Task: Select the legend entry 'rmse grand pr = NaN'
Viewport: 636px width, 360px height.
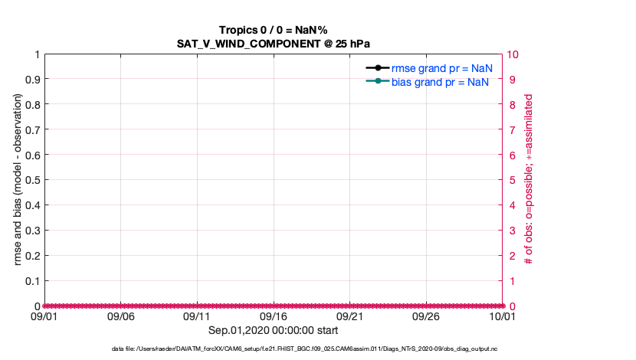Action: (x=441, y=68)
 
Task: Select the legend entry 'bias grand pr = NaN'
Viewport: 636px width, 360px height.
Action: (x=441, y=82)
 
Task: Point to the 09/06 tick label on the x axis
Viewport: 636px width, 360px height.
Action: (x=120, y=316)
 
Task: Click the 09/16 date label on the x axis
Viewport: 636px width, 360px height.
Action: (x=274, y=316)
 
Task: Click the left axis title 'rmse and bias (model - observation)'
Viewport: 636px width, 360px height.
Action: (x=17, y=180)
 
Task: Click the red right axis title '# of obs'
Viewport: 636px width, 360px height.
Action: (x=529, y=180)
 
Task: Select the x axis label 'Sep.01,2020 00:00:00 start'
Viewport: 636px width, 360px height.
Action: (x=274, y=330)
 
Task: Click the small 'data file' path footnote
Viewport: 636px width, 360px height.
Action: (x=274, y=349)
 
